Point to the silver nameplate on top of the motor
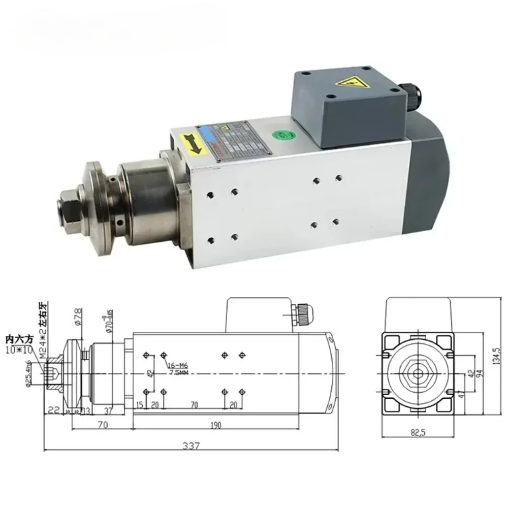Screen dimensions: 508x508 point(234,140)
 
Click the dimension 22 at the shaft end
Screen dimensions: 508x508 point(53,410)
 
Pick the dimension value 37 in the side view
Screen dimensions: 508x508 point(109,410)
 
